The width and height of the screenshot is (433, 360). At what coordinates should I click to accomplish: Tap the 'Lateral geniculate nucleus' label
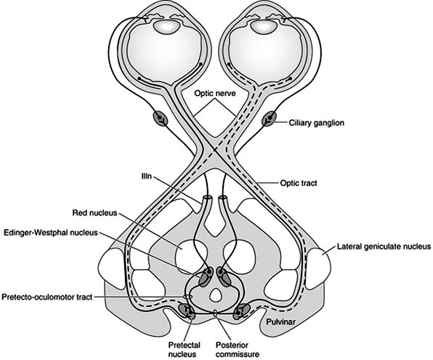pyautogui.click(x=384, y=247)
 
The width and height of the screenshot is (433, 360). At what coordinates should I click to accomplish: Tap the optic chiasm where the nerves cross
pyautogui.click(x=216, y=156)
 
